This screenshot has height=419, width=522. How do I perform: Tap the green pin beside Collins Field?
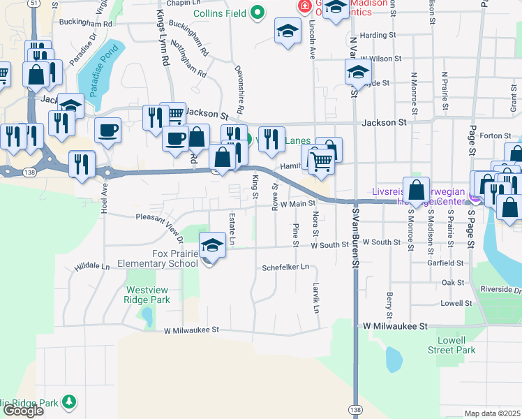(257, 12)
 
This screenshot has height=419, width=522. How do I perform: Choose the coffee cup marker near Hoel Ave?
(107, 131)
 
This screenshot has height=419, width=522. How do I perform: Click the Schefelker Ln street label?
(285, 267)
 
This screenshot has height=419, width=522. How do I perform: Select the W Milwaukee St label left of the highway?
(192, 330)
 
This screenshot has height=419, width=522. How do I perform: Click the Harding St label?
(378, 34)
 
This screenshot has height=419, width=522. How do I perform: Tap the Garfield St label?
(447, 263)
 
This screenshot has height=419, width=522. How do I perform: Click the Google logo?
(24, 411)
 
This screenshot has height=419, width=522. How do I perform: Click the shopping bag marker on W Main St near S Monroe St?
(416, 190)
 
